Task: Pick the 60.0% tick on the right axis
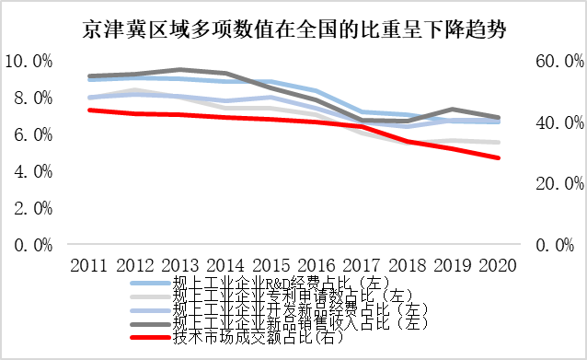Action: [x=556, y=62]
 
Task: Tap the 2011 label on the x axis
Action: [x=89, y=265]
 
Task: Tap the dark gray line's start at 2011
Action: [x=89, y=75]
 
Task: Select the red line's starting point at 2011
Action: [x=89, y=110]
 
